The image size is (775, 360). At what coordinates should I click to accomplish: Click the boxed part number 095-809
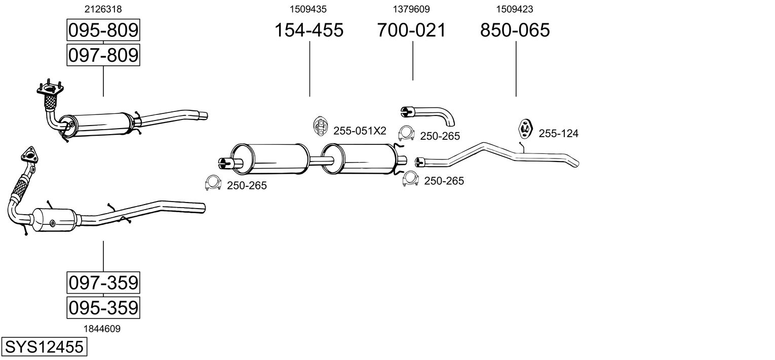[x=103, y=30]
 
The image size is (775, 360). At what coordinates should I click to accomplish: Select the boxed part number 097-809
[x=103, y=55]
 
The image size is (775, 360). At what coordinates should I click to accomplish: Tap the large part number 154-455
[x=308, y=30]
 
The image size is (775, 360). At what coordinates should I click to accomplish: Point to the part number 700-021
[x=411, y=30]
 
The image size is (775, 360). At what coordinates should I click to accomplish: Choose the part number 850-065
[x=515, y=30]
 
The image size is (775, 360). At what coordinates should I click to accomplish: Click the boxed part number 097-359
[x=103, y=282]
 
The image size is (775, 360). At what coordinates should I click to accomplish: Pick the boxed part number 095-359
[x=103, y=307]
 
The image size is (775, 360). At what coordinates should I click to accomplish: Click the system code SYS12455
[x=44, y=347]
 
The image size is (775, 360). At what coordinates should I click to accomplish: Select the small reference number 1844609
[x=102, y=329]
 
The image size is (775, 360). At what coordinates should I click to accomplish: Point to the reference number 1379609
[x=411, y=9]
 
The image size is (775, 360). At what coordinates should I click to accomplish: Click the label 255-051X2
[x=360, y=131]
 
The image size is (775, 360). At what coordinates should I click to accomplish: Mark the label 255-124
[x=558, y=134]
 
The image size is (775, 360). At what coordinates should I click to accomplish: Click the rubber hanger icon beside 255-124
[x=524, y=129]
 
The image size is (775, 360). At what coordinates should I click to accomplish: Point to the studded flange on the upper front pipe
[x=49, y=90]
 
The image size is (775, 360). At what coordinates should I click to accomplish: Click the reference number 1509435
[x=308, y=9]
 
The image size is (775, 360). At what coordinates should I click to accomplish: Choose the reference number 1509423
[x=514, y=9]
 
